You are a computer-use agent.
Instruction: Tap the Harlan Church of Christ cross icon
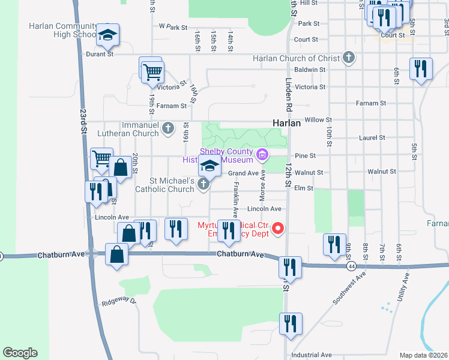pyautogui.click(x=348, y=58)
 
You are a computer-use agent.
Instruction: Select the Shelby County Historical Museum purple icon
pyautogui.click(x=262, y=155)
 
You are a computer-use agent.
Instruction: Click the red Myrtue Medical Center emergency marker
pyautogui.click(x=278, y=228)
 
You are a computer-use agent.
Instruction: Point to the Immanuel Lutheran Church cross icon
pyautogui.click(x=168, y=128)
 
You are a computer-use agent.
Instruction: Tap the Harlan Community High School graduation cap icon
pyautogui.click(x=108, y=35)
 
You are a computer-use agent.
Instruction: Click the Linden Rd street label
pyautogui.click(x=288, y=89)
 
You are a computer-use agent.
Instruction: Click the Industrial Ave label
pyautogui.click(x=312, y=355)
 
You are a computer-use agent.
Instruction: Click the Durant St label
pyautogui.click(x=101, y=54)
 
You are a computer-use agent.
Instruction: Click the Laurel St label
pyautogui.click(x=372, y=137)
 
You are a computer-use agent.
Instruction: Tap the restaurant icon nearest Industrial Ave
pyautogui.click(x=291, y=324)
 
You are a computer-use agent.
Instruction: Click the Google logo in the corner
pyautogui.click(x=20, y=353)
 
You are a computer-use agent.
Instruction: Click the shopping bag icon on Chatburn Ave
pyautogui.click(x=117, y=254)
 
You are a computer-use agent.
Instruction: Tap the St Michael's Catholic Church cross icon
pyautogui.click(x=203, y=184)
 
